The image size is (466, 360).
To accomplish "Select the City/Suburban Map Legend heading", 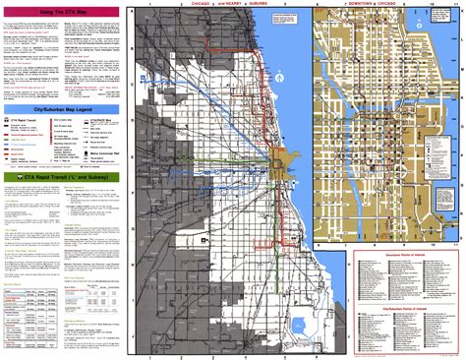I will [x=60, y=110].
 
